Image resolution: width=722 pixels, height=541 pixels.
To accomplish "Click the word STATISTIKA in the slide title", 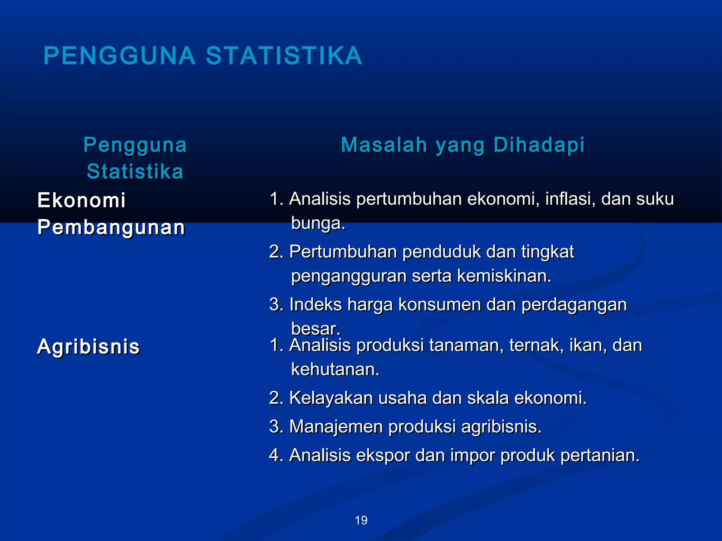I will pyautogui.click(x=284, y=56).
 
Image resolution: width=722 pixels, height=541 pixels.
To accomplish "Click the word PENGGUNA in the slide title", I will pyautogui.click(x=120, y=56).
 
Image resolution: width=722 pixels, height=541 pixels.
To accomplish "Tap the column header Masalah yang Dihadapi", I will pyautogui.click(x=463, y=145).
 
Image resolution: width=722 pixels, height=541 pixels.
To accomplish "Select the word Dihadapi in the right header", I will pyautogui.click(x=539, y=145).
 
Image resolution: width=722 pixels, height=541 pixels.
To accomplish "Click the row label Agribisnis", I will pyautogui.click(x=88, y=347).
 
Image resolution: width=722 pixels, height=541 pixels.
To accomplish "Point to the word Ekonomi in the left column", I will pyautogui.click(x=81, y=200).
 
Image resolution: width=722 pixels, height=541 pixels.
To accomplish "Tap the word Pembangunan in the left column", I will pyautogui.click(x=111, y=227).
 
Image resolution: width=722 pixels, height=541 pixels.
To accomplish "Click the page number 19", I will pyautogui.click(x=361, y=520).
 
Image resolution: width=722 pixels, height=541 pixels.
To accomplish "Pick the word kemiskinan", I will pyautogui.click(x=504, y=276).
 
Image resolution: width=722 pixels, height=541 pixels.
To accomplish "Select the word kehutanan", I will pyautogui.click(x=335, y=369).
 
